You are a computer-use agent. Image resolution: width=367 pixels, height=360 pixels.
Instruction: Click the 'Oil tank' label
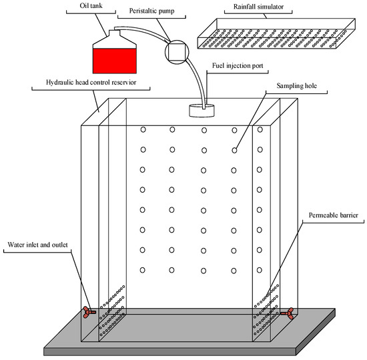click(x=91, y=5)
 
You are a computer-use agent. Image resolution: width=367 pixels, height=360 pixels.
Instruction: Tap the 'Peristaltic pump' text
click(x=151, y=11)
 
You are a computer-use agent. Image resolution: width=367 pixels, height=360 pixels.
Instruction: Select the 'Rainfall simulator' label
click(x=258, y=7)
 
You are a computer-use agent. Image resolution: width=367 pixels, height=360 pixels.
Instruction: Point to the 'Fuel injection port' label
click(x=238, y=66)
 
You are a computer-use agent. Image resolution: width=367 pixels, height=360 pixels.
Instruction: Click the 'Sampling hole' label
click(x=296, y=86)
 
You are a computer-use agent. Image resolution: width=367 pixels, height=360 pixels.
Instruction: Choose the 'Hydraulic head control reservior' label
click(x=91, y=83)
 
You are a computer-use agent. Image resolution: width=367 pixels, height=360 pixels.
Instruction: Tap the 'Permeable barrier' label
click(x=333, y=215)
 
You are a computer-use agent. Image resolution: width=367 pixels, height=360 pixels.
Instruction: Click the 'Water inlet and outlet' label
click(x=37, y=245)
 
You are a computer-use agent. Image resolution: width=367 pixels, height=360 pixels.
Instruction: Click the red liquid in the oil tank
click(x=115, y=61)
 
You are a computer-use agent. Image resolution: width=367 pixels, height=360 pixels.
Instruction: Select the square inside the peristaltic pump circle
click(x=177, y=52)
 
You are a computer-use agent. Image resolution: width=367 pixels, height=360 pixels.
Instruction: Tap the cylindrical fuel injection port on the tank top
click(x=202, y=111)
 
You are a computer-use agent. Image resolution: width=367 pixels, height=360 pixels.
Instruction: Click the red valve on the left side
click(x=89, y=312)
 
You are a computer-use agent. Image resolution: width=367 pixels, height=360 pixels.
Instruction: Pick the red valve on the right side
click(x=287, y=313)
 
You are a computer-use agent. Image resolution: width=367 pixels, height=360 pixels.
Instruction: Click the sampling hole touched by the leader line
click(x=234, y=151)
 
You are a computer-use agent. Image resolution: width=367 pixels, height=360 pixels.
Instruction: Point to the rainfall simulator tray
click(x=276, y=33)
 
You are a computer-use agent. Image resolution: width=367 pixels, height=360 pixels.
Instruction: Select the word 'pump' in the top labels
click(x=166, y=11)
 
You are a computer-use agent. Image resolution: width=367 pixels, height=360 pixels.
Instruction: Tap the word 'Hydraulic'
click(x=57, y=83)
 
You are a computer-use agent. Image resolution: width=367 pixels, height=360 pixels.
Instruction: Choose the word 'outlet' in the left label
click(x=59, y=245)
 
